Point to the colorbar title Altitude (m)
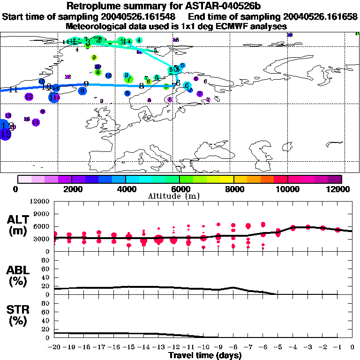[x=180, y=196]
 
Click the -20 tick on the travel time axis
[x=54, y=347]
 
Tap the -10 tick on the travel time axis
[x=203, y=347]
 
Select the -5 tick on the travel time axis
[x=278, y=347]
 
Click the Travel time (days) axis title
[x=205, y=356]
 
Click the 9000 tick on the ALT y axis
[x=42, y=214]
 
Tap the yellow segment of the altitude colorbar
[x=227, y=179]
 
